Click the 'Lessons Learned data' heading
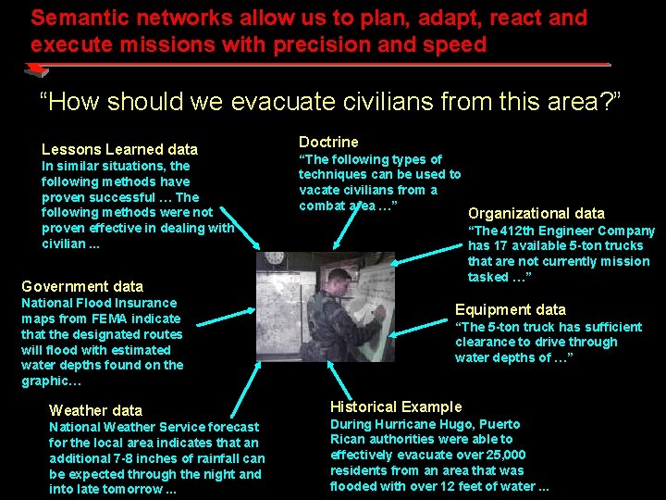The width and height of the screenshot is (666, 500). [x=119, y=149]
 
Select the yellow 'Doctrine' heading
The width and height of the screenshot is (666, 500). [x=328, y=142]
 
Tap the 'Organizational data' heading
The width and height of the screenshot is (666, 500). [x=536, y=213]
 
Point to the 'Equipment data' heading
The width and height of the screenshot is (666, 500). [x=511, y=310]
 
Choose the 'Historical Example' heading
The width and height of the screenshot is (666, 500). [x=396, y=406]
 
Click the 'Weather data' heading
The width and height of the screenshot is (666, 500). [x=95, y=410]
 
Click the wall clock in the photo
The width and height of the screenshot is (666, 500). [x=274, y=258]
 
